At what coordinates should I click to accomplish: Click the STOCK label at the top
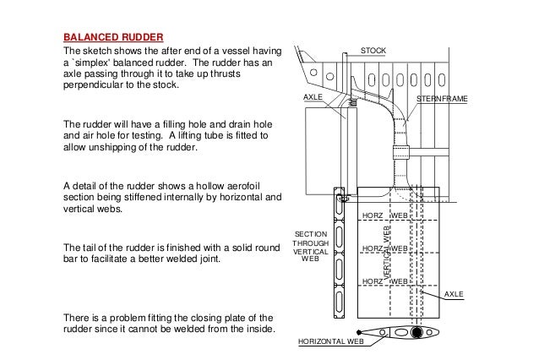click(x=373, y=52)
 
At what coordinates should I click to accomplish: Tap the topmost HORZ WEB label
click(x=385, y=216)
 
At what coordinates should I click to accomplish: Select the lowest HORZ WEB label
click(x=385, y=280)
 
